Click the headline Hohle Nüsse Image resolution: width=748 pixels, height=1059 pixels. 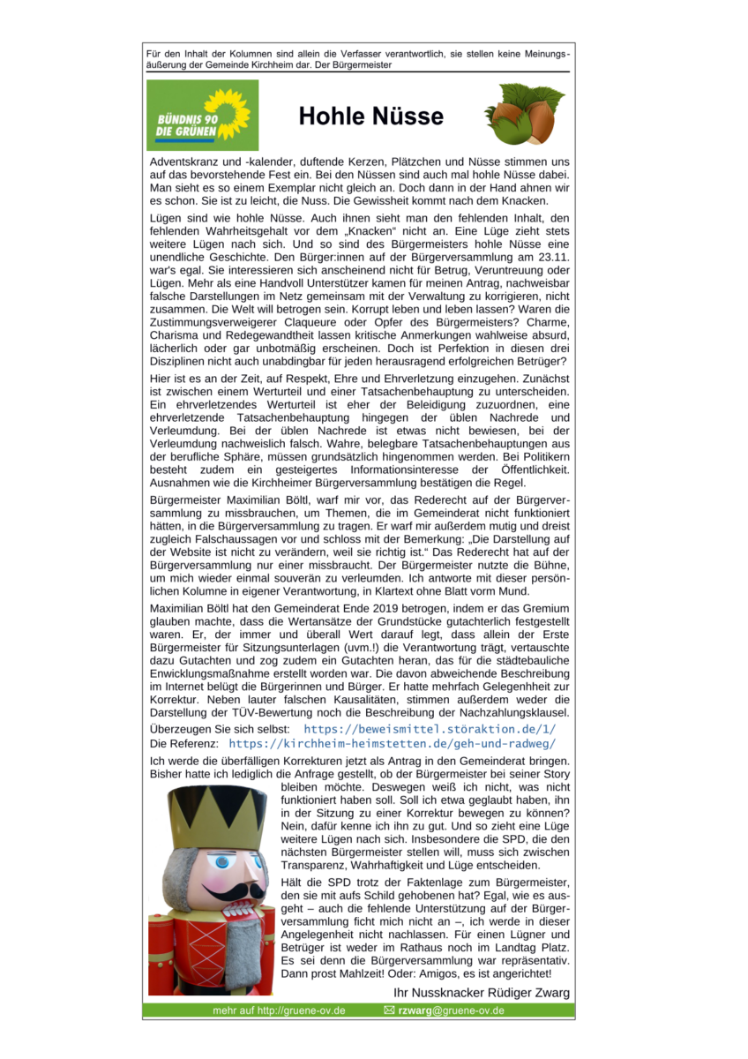pos(370,116)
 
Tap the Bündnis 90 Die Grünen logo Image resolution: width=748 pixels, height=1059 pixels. pos(202,116)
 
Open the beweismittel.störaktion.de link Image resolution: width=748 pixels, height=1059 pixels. pos(430,729)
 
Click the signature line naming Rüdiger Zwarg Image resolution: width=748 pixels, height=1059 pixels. pos(481,993)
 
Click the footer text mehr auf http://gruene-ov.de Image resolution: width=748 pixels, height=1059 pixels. pos(279,1010)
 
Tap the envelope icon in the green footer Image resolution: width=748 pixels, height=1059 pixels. pos(389,1010)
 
